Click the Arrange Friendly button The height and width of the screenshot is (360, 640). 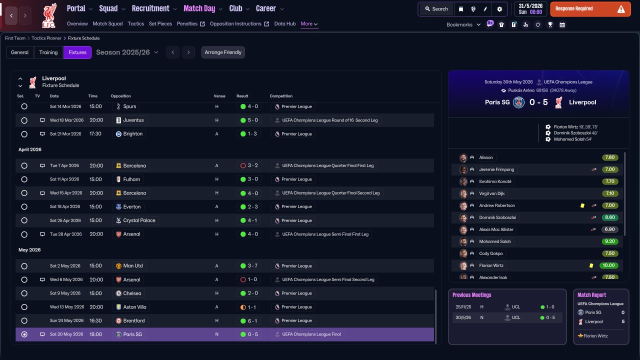223,52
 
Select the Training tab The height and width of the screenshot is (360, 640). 48,52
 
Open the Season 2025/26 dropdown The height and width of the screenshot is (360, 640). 127,52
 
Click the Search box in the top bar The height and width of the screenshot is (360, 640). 436,9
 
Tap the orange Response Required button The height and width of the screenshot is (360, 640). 590,9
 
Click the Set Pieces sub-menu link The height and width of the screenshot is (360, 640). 160,23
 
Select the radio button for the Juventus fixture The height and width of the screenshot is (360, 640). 24,120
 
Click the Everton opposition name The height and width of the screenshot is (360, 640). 131,206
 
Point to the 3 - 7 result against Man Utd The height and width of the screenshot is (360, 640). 252,265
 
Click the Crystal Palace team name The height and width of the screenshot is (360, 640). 139,220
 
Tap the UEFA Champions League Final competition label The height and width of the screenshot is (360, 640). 311,334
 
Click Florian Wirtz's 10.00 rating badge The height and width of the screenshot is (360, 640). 608,265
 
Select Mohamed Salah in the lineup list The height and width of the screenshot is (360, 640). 495,241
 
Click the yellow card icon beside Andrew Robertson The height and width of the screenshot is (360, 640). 582,205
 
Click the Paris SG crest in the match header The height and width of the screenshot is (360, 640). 518,102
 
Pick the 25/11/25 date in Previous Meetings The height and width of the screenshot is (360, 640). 463,307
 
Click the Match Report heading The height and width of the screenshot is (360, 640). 591,295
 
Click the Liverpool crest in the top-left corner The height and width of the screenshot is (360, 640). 49,15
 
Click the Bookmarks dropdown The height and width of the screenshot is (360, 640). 463,24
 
